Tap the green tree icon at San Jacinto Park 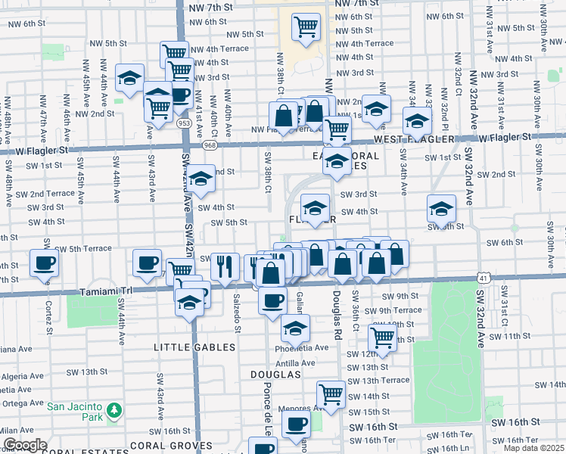click(114, 411)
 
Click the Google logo click(24, 445)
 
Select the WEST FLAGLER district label click(414, 139)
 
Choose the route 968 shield click(209, 144)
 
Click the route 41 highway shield click(481, 278)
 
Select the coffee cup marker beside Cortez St click(43, 263)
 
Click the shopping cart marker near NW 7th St click(306, 27)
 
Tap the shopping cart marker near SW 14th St click(331, 393)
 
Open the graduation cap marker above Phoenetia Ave click(295, 328)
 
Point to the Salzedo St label click(238, 312)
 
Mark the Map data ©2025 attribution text click(534, 448)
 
